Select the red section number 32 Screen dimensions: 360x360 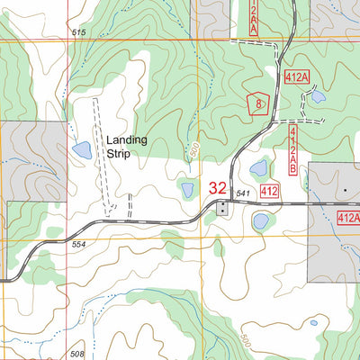point(218,189)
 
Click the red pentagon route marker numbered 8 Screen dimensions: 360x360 point(258,103)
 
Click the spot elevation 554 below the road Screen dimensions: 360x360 point(78,246)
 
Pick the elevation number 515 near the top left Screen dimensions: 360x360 point(78,32)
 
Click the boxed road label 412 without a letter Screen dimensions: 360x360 point(269,192)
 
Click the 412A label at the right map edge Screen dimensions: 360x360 point(348,218)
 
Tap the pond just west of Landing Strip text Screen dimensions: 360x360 point(80,149)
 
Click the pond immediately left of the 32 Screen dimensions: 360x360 point(188,190)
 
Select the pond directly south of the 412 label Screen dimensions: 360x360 point(262,220)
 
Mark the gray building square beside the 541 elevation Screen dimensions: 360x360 point(222,208)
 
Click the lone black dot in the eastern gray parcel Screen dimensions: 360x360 point(344,192)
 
